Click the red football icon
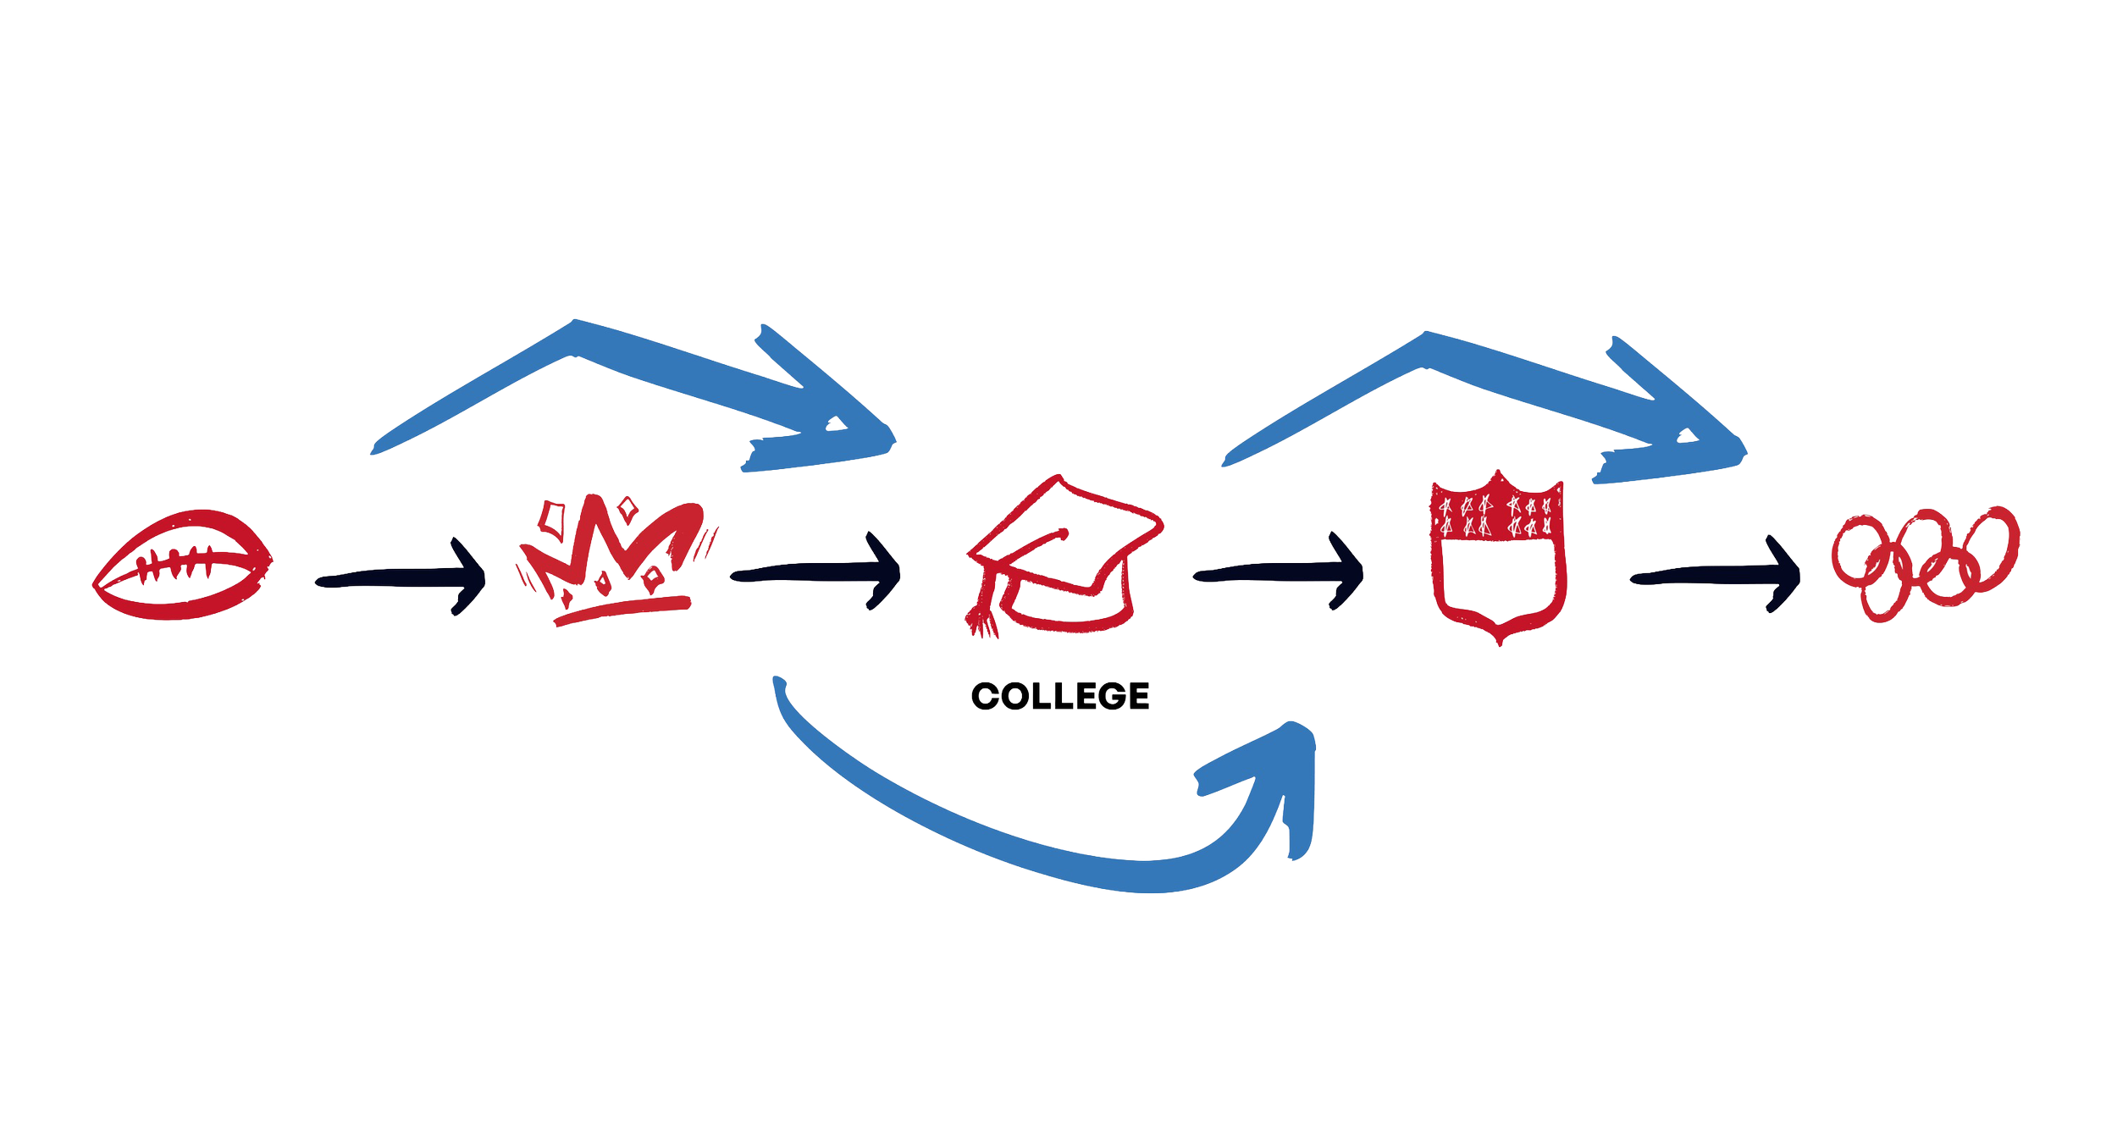182,565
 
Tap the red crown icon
616,555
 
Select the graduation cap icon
1063,555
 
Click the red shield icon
1497,559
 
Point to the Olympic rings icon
1924,563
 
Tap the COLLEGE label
1060,696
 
